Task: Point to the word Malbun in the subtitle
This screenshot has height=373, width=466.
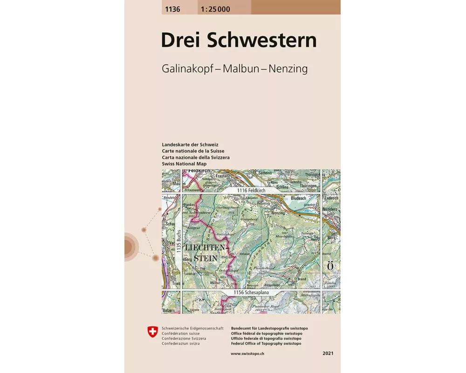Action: [239, 69]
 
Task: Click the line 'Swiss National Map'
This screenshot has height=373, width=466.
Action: [184, 164]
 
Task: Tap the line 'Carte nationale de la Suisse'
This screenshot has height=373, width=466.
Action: [193, 151]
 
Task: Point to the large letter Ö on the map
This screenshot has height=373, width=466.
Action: [330, 266]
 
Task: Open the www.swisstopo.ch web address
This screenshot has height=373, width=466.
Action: [248, 354]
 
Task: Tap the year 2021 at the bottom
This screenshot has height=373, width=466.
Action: [328, 354]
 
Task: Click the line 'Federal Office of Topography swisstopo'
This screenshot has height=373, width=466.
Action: [266, 344]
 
